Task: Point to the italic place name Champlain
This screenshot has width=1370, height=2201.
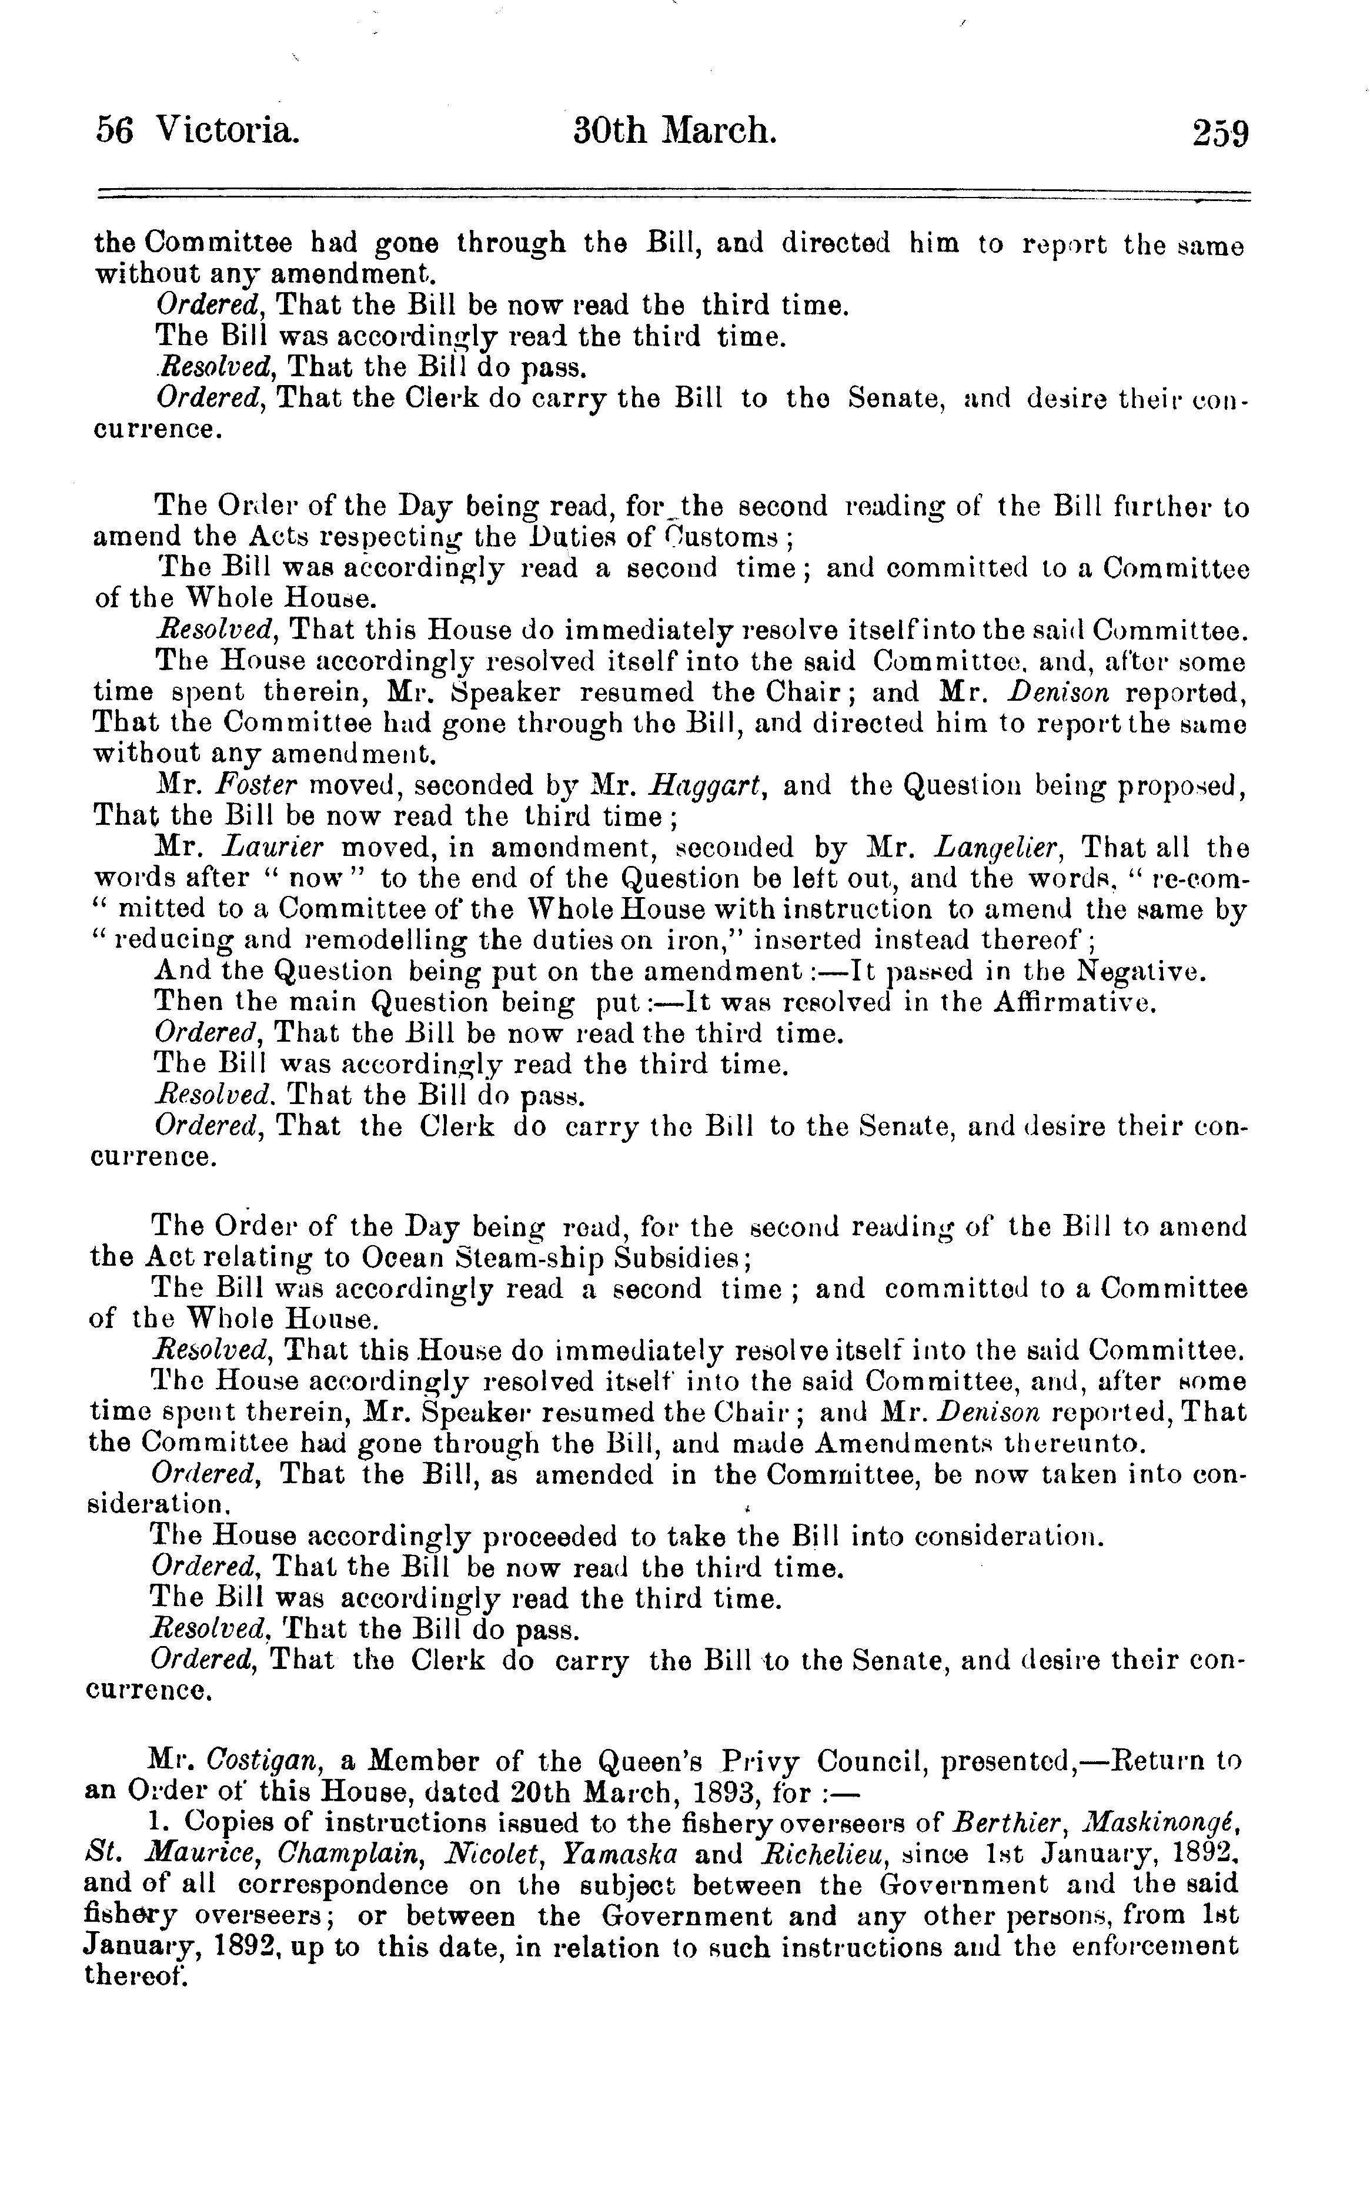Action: coord(350,1852)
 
